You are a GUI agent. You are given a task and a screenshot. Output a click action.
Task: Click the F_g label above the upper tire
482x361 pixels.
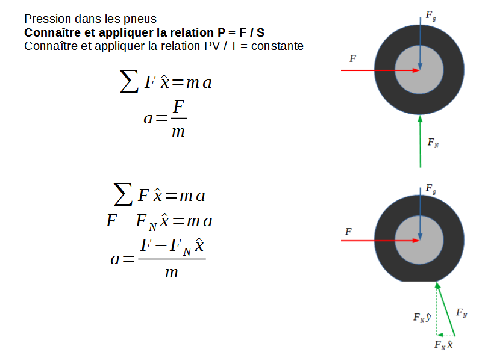tap(431, 16)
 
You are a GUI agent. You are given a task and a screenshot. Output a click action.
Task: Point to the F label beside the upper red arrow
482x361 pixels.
tap(352, 58)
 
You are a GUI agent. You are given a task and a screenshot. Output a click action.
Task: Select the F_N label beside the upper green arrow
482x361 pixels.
tap(433, 143)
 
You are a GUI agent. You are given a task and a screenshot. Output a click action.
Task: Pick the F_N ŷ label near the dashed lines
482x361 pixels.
tap(421, 317)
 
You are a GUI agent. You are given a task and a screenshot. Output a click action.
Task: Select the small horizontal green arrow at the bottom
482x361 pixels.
tap(446, 334)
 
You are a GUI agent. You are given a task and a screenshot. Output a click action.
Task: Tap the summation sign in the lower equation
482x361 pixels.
tap(123, 194)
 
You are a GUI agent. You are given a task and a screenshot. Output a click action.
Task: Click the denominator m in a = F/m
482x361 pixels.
tap(178, 131)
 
